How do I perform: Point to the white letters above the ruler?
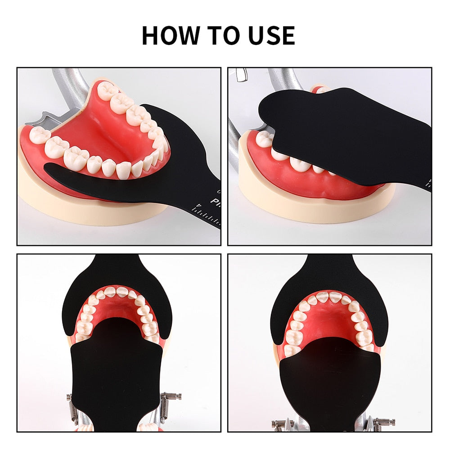(216, 201)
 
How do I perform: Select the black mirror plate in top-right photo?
(342, 130)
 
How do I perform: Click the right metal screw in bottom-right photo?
(382, 422)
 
